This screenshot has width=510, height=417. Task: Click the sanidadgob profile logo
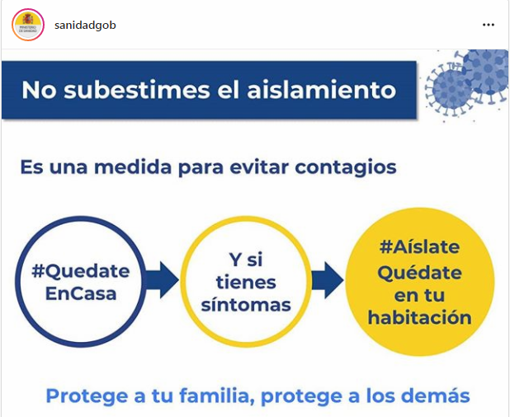coord(28,25)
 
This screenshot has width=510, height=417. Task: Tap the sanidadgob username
coord(85,25)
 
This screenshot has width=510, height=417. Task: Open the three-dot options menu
coord(489,25)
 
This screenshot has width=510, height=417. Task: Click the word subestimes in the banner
coord(137,90)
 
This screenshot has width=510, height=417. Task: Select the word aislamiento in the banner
coord(322,90)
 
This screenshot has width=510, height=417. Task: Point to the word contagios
coord(346,167)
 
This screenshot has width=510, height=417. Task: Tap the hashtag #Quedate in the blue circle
coord(81,271)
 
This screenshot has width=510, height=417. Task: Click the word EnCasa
coord(81,293)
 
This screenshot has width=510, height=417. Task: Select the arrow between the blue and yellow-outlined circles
coord(162,280)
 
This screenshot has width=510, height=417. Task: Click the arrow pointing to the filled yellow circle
coord(327,280)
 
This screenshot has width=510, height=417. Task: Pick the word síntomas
coord(246,305)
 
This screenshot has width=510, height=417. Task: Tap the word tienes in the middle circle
coord(246,282)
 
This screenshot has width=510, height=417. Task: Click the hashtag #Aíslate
coord(419,247)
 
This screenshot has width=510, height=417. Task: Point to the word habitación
coord(419,317)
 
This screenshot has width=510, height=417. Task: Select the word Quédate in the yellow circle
coord(419,273)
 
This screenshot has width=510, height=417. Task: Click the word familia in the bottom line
coord(217,396)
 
